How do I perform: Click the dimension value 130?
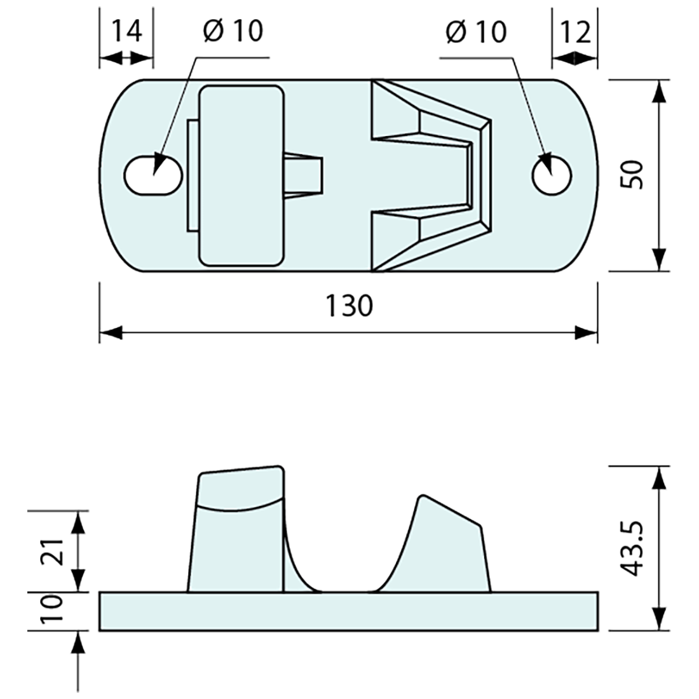[x=349, y=306]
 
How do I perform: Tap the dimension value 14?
[x=126, y=31]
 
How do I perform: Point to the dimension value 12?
[x=575, y=32]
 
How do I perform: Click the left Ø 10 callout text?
[x=233, y=31]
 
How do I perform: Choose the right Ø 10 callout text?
[x=477, y=31]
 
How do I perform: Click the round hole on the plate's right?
[x=552, y=175]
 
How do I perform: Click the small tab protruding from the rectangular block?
[x=304, y=175]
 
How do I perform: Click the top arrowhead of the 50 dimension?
[x=659, y=92]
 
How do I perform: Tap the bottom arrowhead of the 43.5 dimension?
[x=659, y=619]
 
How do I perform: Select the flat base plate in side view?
[x=349, y=611]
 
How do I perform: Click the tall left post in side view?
[x=238, y=534]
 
